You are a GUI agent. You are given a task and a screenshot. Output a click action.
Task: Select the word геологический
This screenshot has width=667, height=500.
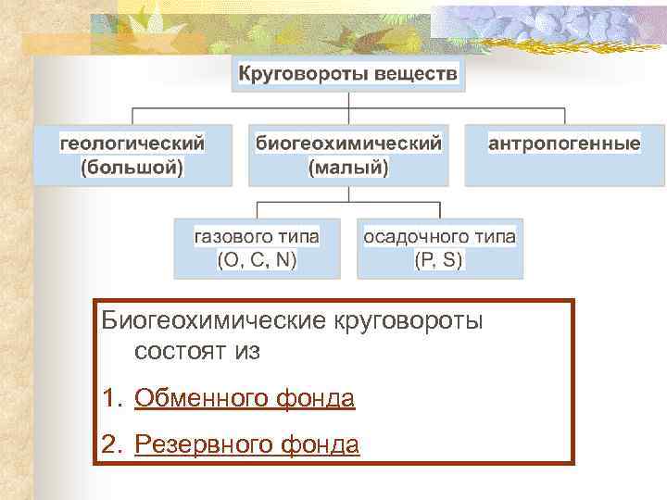click(x=132, y=144)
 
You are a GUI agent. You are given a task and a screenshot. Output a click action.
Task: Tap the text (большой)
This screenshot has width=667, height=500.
click(x=132, y=168)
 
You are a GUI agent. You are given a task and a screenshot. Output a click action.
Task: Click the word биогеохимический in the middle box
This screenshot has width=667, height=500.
click(x=348, y=144)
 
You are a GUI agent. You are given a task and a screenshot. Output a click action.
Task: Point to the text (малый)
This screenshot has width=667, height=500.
click(x=348, y=168)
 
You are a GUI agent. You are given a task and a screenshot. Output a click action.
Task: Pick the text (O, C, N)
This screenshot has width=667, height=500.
click(x=258, y=260)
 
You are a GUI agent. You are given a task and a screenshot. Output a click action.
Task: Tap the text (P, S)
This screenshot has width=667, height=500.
click(x=439, y=260)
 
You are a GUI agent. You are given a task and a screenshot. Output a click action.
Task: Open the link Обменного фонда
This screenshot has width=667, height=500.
click(x=245, y=399)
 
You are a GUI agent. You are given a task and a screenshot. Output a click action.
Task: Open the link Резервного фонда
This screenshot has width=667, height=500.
click(x=246, y=445)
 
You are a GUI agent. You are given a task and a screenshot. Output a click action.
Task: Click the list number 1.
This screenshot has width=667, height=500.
click(x=110, y=399)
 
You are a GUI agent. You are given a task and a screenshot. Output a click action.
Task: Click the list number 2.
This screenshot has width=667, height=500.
click(x=111, y=445)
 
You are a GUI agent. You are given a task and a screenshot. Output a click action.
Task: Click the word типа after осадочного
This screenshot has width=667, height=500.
click(x=494, y=237)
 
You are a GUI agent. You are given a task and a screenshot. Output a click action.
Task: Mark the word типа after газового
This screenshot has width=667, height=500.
click(x=296, y=237)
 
